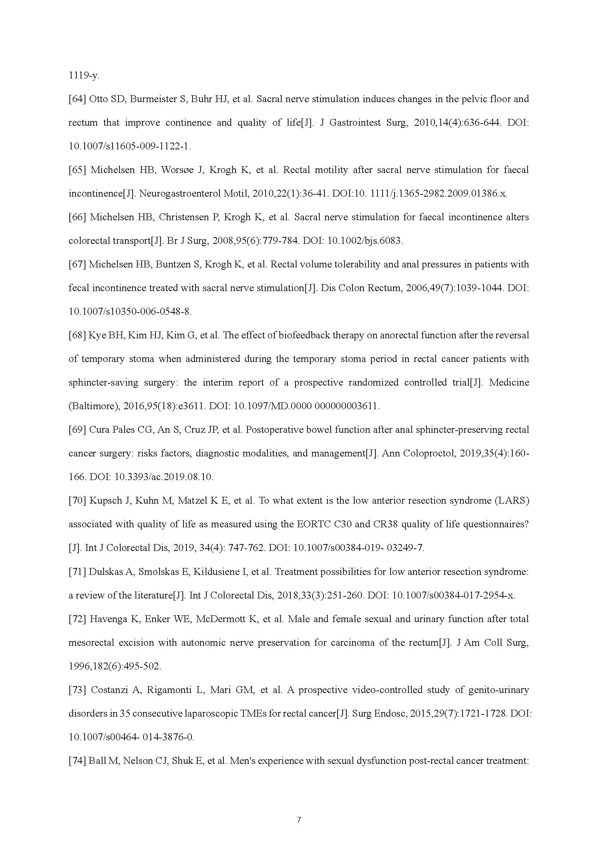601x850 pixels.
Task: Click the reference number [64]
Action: tap(77, 99)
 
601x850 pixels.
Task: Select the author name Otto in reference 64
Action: tap(97, 99)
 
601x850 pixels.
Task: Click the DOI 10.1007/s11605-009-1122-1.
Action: tap(130, 146)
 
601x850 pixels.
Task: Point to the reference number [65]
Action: tap(77, 170)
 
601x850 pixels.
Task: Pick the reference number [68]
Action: tap(77, 335)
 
